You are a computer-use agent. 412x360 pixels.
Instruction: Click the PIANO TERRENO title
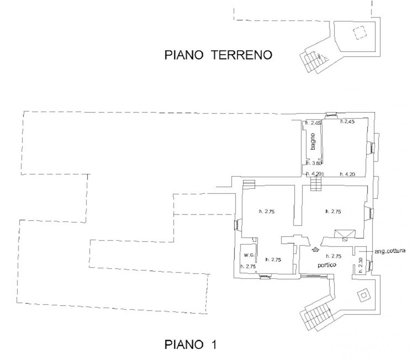click(x=218, y=55)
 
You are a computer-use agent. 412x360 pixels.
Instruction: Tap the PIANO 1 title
click(x=190, y=344)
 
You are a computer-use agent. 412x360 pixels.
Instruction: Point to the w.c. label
click(x=249, y=255)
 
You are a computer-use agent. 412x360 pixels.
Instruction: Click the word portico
click(x=327, y=265)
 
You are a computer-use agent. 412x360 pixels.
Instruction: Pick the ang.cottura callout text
click(x=390, y=251)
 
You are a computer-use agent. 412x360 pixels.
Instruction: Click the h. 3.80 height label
click(x=314, y=163)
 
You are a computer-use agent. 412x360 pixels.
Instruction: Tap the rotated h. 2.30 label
click(x=361, y=265)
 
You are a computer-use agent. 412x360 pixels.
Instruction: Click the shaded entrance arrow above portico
click(x=315, y=249)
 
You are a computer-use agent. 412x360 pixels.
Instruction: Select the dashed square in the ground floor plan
click(x=360, y=33)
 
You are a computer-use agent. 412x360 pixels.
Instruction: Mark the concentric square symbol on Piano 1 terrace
click(x=364, y=295)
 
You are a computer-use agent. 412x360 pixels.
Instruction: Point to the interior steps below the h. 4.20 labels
click(x=316, y=184)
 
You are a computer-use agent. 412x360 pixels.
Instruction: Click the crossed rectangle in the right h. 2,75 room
click(x=345, y=234)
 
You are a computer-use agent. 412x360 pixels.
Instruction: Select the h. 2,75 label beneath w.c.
click(x=248, y=266)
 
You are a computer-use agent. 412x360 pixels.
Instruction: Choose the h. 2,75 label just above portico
click(x=334, y=256)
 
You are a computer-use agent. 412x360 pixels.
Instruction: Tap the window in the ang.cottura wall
click(x=370, y=266)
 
